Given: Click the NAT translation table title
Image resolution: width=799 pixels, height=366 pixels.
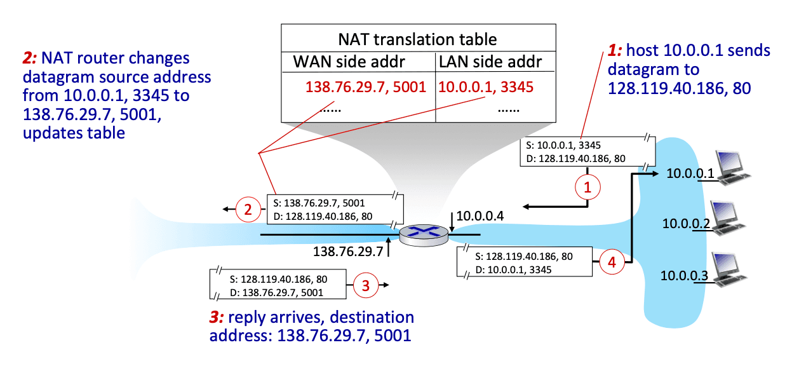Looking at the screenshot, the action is click(x=417, y=39).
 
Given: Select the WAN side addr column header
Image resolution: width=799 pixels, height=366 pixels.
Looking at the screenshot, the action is click(x=349, y=62).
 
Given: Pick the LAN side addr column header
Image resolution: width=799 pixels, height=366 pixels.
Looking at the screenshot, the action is click(x=490, y=62).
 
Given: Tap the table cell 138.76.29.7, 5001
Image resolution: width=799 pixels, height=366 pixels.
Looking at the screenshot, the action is click(x=366, y=86).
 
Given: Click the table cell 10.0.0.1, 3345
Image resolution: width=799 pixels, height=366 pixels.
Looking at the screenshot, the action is click(x=485, y=86).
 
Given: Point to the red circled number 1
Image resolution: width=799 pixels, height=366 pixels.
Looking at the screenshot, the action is click(x=587, y=187).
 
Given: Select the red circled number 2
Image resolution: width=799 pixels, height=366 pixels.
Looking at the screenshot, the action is click(x=248, y=210).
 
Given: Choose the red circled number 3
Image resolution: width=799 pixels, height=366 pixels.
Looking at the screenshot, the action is click(x=366, y=285).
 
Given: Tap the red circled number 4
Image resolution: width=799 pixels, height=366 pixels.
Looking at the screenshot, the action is click(x=612, y=262).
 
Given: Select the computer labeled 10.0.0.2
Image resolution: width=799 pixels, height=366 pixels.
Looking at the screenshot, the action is click(x=728, y=218).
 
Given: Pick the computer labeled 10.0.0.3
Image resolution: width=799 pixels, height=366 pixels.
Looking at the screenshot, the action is click(x=729, y=269).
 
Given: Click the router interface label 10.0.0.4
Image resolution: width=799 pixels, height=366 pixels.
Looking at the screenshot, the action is click(x=480, y=216).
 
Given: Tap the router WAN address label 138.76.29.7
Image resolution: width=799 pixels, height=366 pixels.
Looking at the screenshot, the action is click(x=348, y=252).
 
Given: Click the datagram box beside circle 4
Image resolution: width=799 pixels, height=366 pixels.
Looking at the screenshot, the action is click(x=525, y=262).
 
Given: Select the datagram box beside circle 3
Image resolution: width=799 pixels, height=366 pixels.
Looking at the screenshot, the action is click(x=278, y=284).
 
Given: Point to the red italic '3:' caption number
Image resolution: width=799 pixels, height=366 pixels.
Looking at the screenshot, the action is click(x=217, y=317).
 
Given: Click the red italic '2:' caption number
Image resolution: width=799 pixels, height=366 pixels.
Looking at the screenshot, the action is click(x=30, y=58).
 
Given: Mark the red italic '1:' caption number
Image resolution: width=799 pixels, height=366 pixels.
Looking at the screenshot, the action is click(x=615, y=50).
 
